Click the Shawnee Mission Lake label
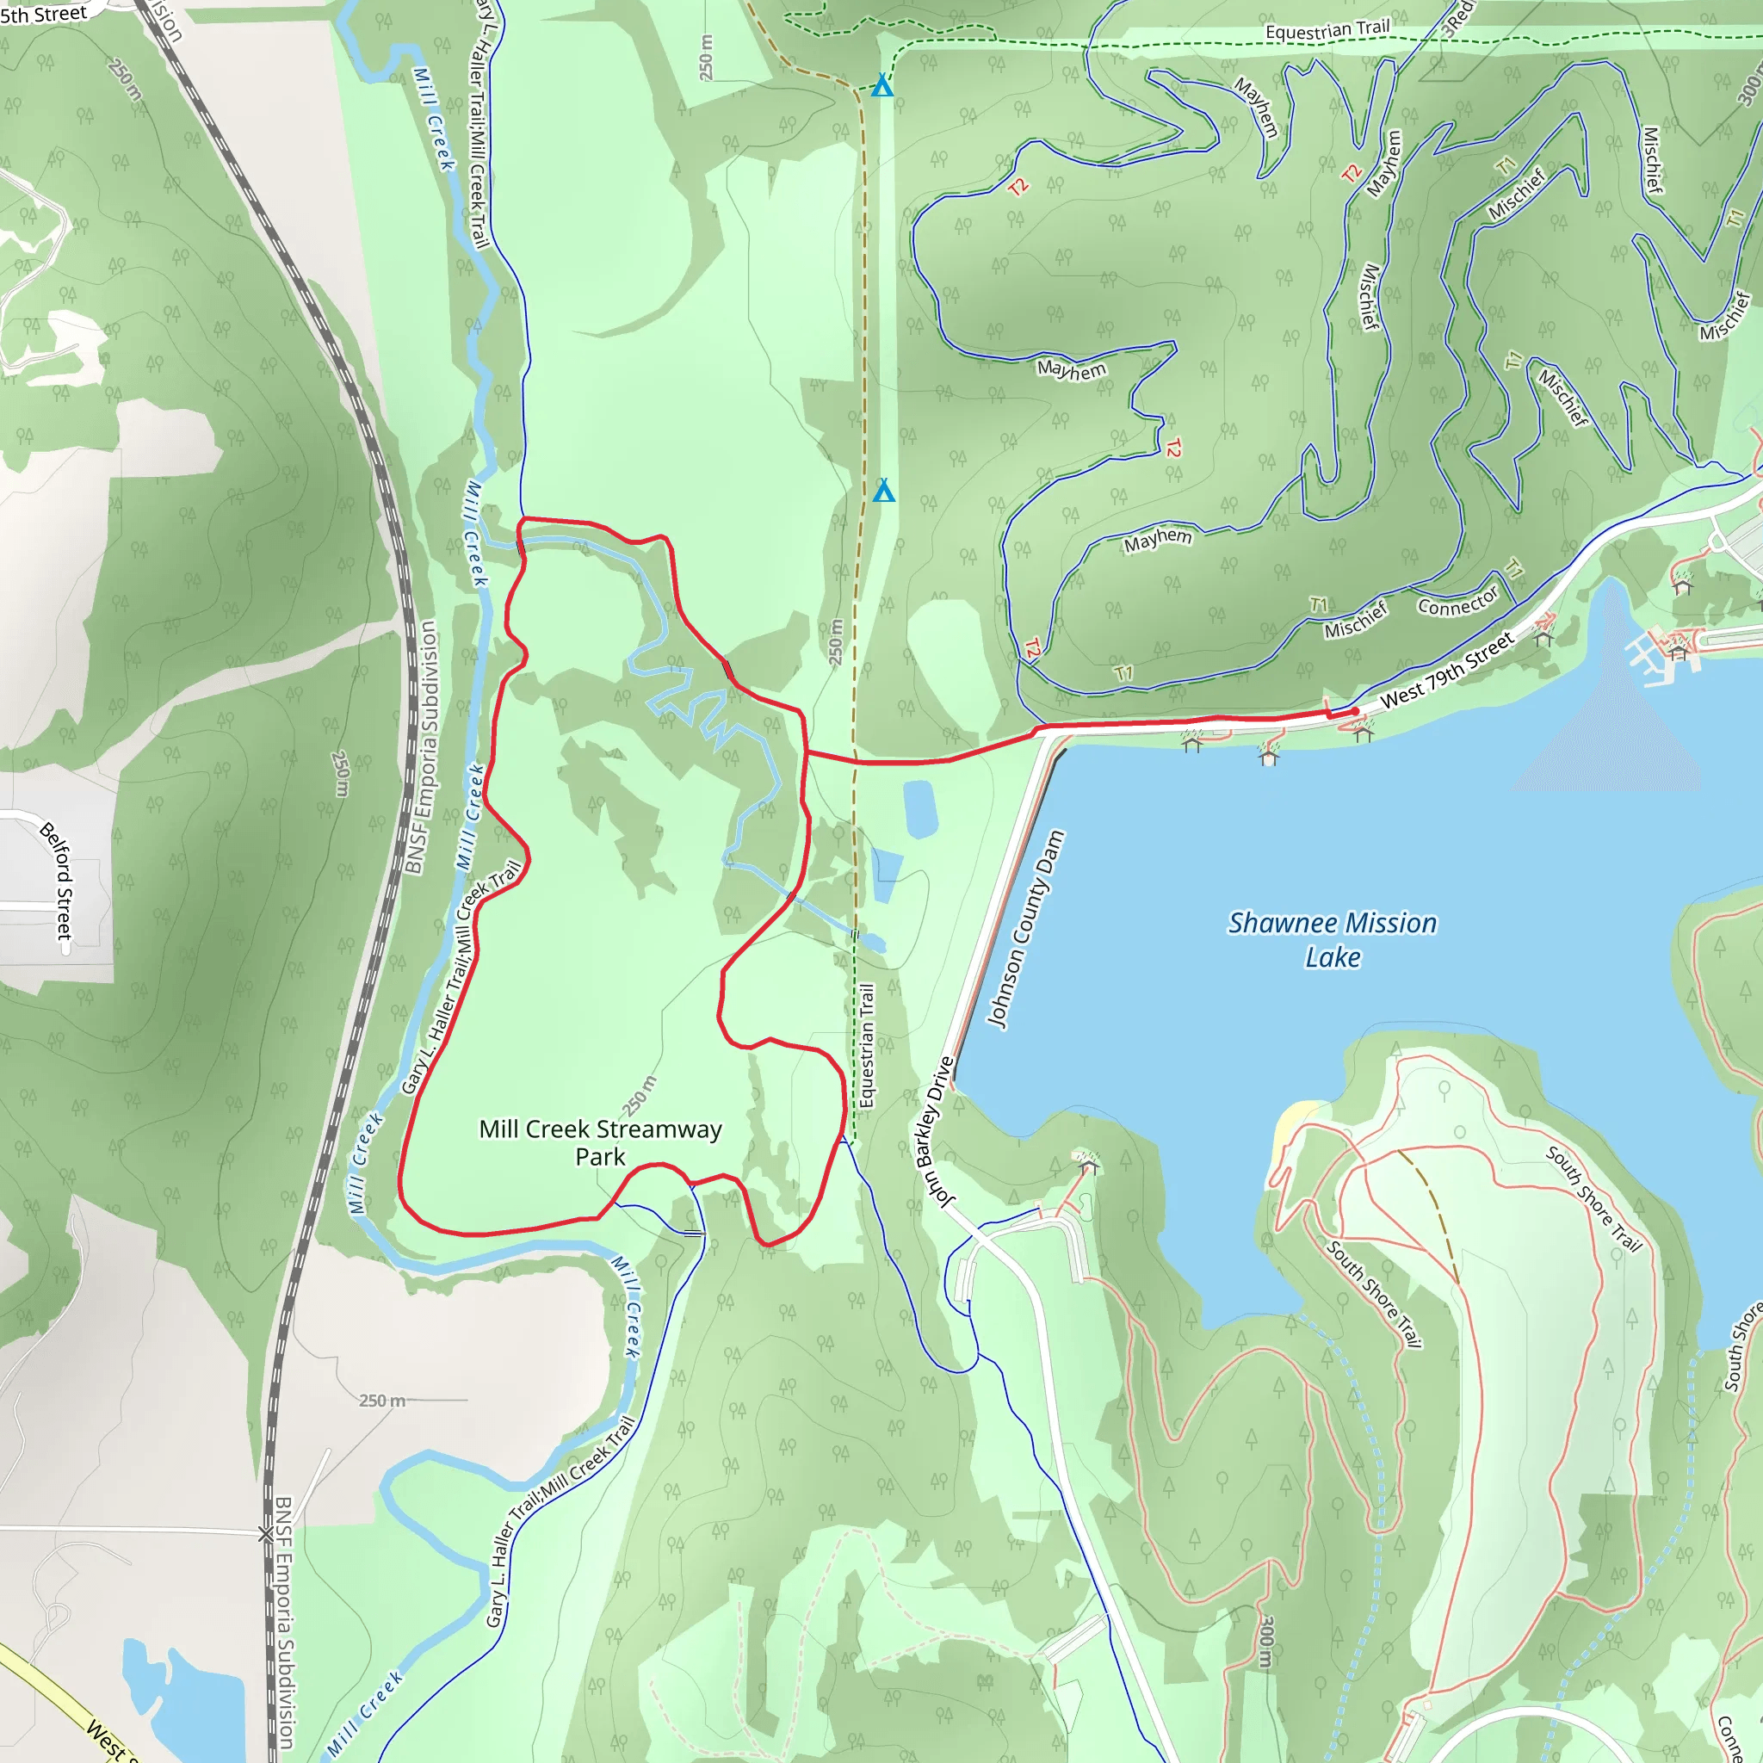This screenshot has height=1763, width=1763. tap(1332, 939)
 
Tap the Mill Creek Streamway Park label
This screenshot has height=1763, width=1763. tap(601, 1142)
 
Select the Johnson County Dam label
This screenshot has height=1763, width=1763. tap(1025, 929)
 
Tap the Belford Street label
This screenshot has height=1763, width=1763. tap(57, 880)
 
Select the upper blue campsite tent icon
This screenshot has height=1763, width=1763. tap(881, 87)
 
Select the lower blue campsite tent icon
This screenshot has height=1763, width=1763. tap(883, 492)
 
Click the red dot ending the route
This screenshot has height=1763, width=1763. tap(1355, 711)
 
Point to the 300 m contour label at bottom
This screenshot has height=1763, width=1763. tap(1265, 1643)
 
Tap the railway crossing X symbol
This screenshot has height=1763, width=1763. tap(265, 1535)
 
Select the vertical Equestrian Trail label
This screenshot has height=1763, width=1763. tap(867, 1046)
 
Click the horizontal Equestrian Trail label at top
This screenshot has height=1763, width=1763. tap(1327, 30)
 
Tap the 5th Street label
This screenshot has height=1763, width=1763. tap(44, 14)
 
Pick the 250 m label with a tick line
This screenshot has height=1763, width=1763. tap(383, 1400)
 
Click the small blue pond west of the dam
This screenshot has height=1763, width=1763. tap(919, 808)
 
